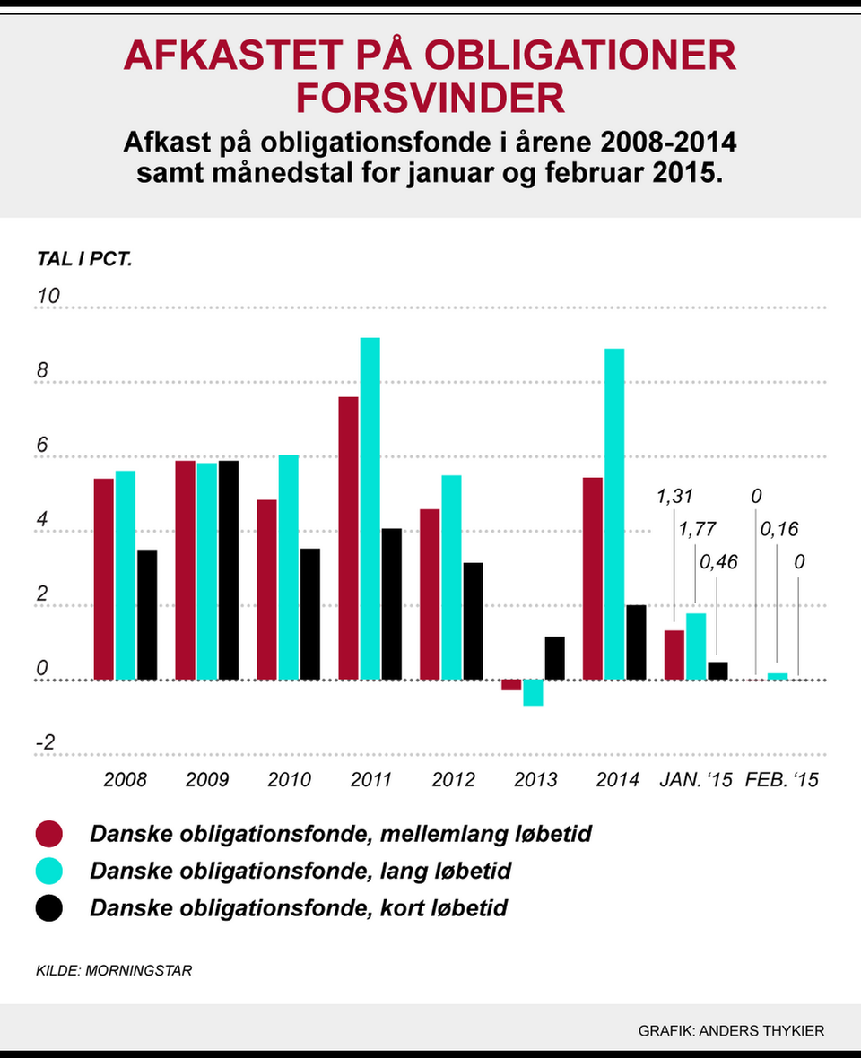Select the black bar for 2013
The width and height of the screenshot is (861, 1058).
(x=555, y=658)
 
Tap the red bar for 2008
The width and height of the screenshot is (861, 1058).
(x=104, y=579)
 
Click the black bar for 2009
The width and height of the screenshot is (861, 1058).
(x=229, y=570)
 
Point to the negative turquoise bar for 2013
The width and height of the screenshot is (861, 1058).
(x=533, y=692)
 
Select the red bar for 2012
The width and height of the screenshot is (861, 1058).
(x=430, y=594)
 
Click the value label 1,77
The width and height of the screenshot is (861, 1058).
(x=697, y=529)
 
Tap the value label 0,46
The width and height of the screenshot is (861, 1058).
(x=718, y=563)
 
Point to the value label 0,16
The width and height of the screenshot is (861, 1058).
(x=779, y=529)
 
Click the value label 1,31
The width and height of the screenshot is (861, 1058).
(x=675, y=496)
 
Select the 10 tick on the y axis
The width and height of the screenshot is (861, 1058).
(x=45, y=296)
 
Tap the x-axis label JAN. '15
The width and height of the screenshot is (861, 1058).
(x=696, y=779)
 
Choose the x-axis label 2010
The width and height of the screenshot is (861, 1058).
(x=289, y=779)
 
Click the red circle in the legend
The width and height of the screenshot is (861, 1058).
(x=48, y=834)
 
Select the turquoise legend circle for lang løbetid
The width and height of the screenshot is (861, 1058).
(x=48, y=871)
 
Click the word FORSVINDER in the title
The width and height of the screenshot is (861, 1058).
(x=430, y=98)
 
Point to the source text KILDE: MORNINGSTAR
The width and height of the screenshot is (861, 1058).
(x=114, y=970)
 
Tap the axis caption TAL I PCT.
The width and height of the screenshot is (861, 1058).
(x=84, y=260)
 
